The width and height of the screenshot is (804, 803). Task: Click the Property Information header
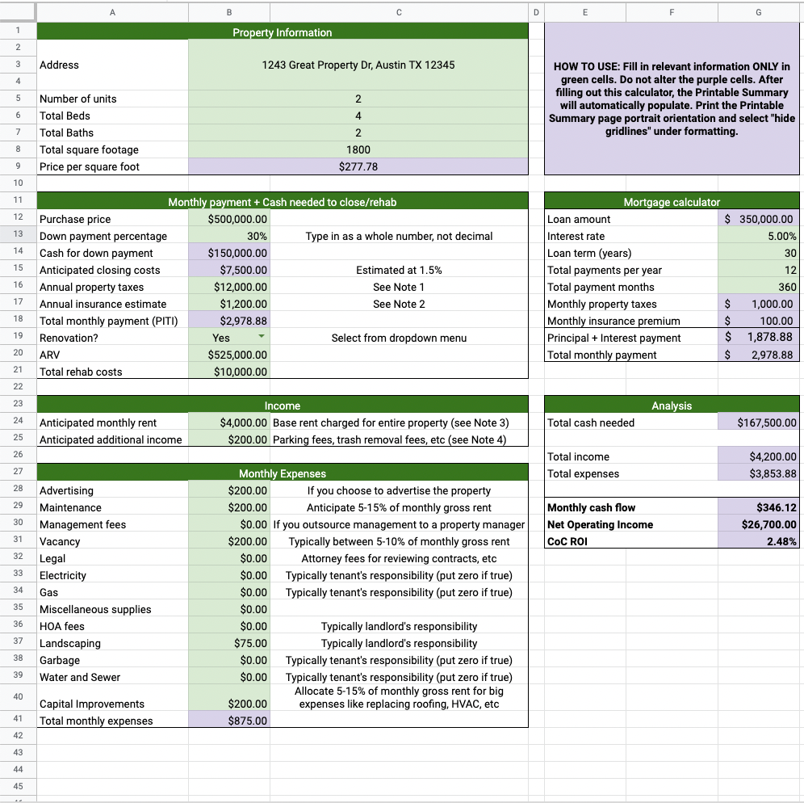[x=282, y=32]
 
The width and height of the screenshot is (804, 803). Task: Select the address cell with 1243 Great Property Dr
[x=358, y=65]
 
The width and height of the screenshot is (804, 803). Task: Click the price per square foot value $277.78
[x=358, y=167]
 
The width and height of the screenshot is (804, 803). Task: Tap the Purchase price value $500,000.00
[x=237, y=219]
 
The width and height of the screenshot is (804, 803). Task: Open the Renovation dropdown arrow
[x=261, y=338]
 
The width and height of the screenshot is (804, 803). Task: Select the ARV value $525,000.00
[x=237, y=355]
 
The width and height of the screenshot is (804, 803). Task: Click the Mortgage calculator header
[x=672, y=202]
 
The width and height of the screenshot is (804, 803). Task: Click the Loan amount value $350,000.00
[x=759, y=219]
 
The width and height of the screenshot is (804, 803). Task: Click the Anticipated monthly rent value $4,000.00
[x=243, y=423]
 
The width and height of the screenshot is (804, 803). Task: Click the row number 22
[x=18, y=386]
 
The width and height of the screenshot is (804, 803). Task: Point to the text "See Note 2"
[x=398, y=304]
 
